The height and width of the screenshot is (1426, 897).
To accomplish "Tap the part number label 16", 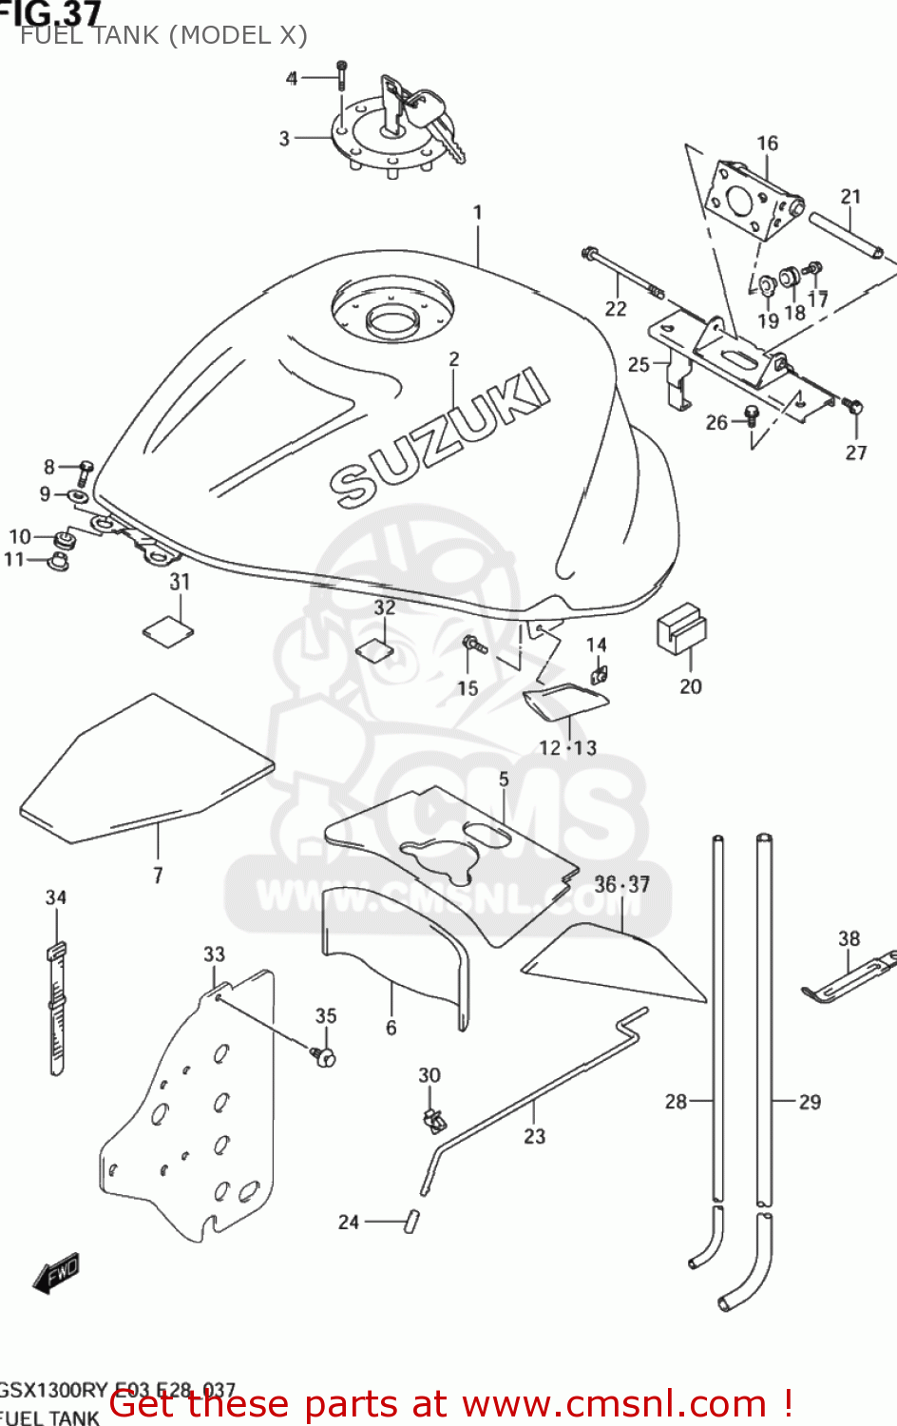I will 767,144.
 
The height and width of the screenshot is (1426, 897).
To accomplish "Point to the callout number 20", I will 691,686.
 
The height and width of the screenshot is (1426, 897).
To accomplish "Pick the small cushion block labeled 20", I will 681,627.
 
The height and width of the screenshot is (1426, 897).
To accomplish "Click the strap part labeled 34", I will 56,1008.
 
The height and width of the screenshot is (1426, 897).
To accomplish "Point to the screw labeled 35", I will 324,1055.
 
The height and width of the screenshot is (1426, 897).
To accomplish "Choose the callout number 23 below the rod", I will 535,1136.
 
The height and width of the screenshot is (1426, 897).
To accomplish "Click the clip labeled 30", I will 433,1119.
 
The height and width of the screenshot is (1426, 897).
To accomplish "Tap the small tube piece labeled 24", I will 412,1221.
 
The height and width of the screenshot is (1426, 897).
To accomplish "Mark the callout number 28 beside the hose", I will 676,1102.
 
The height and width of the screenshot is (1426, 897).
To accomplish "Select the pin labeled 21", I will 847,235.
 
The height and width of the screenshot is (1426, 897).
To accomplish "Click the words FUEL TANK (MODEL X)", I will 163,35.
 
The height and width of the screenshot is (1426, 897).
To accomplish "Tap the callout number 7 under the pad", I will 158,875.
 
